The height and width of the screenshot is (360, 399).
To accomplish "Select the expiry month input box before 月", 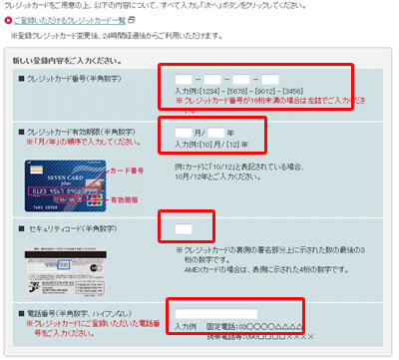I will (184, 132).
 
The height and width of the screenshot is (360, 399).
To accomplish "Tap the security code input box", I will (184, 230).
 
